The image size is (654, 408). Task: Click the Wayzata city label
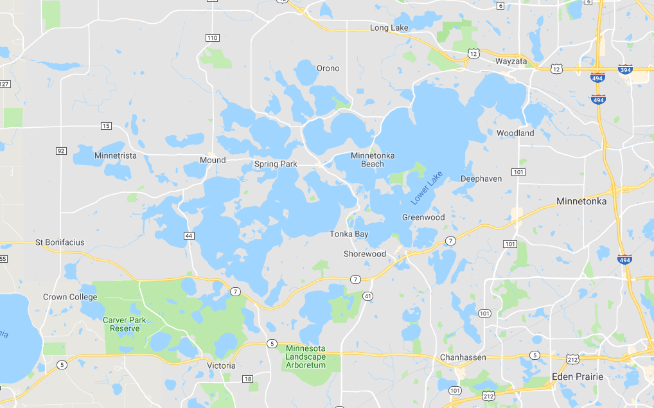pos(511,62)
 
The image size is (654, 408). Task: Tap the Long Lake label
pos(389,28)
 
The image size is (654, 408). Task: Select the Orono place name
pos(328,68)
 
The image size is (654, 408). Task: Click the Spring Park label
pos(276,164)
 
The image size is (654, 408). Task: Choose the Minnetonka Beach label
pos(373,159)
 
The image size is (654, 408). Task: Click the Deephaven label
pos(481,179)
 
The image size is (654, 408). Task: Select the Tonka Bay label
pos(349,234)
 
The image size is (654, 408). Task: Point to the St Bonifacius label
pos(60,242)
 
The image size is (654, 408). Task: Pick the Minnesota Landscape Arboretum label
pos(306,357)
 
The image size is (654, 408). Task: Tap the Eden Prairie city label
pos(578,377)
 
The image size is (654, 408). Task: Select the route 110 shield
pos(213,38)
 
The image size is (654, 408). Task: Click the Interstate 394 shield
pos(625,69)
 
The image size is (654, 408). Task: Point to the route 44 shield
pos(189,236)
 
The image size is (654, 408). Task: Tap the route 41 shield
pos(368,296)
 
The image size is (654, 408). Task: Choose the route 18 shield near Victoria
pos(248,379)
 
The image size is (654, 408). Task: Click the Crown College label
pos(70,297)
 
